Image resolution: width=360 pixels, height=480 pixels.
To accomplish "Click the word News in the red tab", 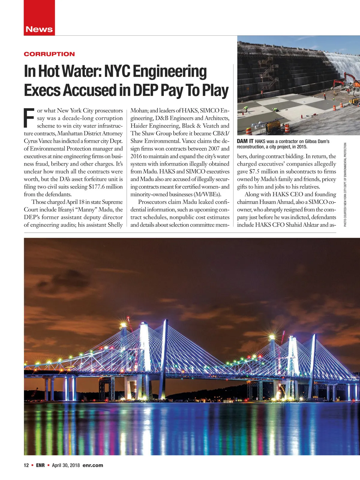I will coord(39,29).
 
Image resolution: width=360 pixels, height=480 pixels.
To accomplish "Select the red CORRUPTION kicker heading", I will coord(49,54).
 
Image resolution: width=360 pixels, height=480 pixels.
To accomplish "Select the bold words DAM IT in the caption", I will coord(245,141).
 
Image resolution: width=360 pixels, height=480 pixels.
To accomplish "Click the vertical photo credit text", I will coord(345,184).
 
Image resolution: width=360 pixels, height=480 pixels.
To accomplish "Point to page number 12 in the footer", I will coord(26,465).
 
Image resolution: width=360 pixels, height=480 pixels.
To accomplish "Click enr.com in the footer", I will coord(93,465).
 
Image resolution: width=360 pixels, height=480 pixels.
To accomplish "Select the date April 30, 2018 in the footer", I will coord(66,465).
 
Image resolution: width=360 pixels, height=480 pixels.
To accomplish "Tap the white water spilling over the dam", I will coord(342,63).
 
